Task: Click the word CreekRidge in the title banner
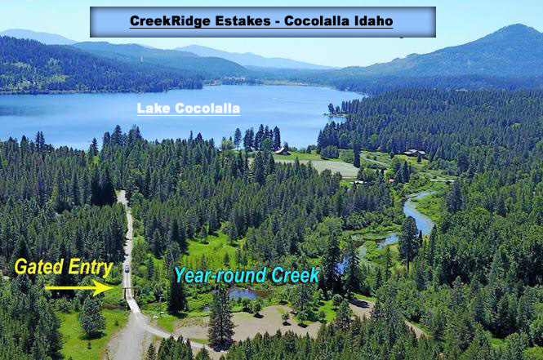pyautogui.click(x=170, y=21)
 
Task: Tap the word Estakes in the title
pyautogui.click(x=243, y=20)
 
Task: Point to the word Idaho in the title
pyautogui.click(x=373, y=20)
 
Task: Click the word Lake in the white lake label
pyautogui.click(x=154, y=109)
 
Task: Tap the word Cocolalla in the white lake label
pyautogui.click(x=207, y=109)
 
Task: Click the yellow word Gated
pyautogui.click(x=39, y=267)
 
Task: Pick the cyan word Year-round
pyautogui.click(x=220, y=276)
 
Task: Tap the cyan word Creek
pyautogui.click(x=295, y=276)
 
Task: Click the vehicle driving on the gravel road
pyautogui.click(x=127, y=269)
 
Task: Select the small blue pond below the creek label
pyautogui.click(x=243, y=294)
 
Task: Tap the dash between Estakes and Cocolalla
pyautogui.click(x=278, y=22)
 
